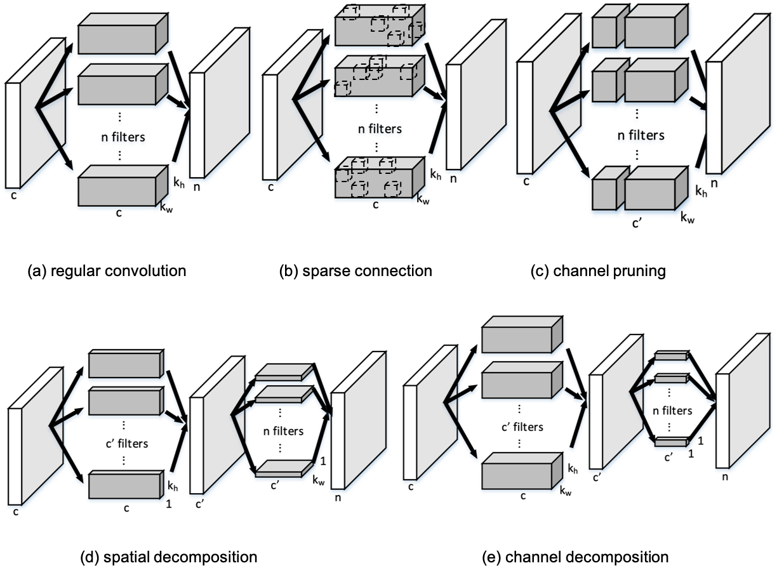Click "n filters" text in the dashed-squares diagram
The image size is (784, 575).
click(x=380, y=129)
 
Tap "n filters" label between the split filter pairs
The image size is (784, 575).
click(x=641, y=135)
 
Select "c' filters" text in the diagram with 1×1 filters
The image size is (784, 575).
click(x=520, y=426)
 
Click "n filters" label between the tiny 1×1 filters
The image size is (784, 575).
click(x=672, y=411)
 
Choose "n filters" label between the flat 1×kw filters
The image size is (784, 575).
click(x=283, y=431)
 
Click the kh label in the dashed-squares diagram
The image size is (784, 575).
click(x=435, y=174)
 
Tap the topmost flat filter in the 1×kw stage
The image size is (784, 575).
click(x=283, y=373)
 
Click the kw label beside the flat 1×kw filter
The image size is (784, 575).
click(x=318, y=480)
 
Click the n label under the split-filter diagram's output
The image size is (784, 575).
click(x=714, y=183)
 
